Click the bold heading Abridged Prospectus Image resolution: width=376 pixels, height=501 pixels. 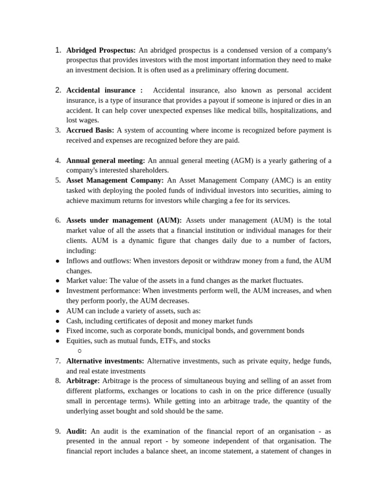[101, 50]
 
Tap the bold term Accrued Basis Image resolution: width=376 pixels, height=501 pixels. [90, 130]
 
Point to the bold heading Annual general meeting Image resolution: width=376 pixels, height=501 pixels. [106, 160]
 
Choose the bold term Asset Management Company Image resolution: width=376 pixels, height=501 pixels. [115, 180]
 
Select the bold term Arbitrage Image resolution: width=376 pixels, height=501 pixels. [83, 381]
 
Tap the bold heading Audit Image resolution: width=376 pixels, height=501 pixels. [77, 431]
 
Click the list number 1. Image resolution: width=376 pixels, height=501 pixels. [58, 50]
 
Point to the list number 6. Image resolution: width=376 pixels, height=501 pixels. [58, 220]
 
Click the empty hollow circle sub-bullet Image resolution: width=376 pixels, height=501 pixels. [79, 351]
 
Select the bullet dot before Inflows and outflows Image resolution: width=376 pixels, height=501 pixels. [57, 261]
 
